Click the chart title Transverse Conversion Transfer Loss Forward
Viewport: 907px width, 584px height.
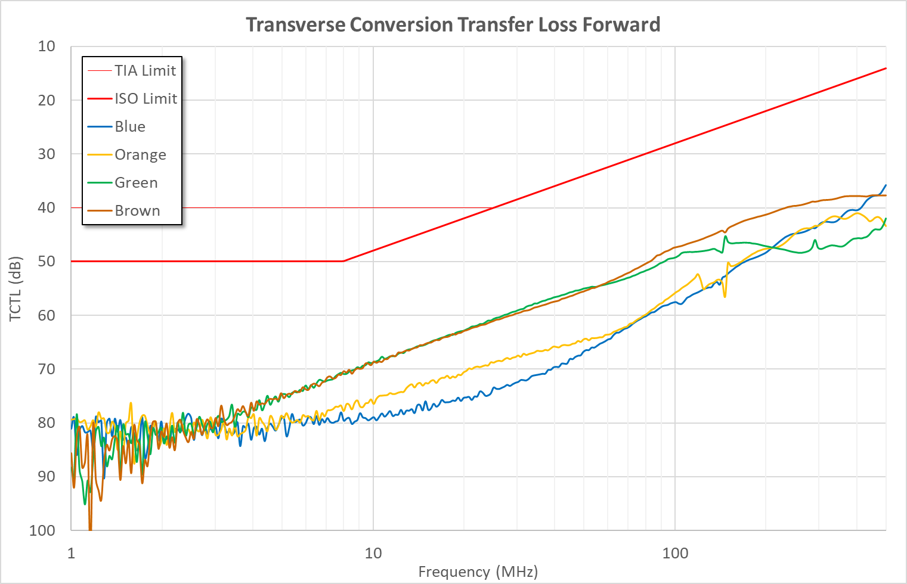[x=453, y=24]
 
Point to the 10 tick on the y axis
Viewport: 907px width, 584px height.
[x=47, y=46]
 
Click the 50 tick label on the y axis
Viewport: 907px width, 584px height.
[x=47, y=261]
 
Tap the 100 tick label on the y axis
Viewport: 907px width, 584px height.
[x=42, y=530]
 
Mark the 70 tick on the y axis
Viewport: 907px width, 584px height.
[x=47, y=369]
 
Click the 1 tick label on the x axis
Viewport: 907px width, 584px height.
[x=71, y=553]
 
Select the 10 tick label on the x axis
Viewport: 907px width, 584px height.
[x=373, y=553]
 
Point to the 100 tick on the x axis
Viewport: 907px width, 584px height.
[x=675, y=553]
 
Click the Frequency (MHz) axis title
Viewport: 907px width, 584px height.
[x=478, y=571]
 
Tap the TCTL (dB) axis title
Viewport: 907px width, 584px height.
[x=16, y=288]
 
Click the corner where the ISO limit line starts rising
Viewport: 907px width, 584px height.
[x=343, y=261]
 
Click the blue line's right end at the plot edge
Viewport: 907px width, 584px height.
[x=886, y=185]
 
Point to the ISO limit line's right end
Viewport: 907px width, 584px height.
[x=886, y=68]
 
